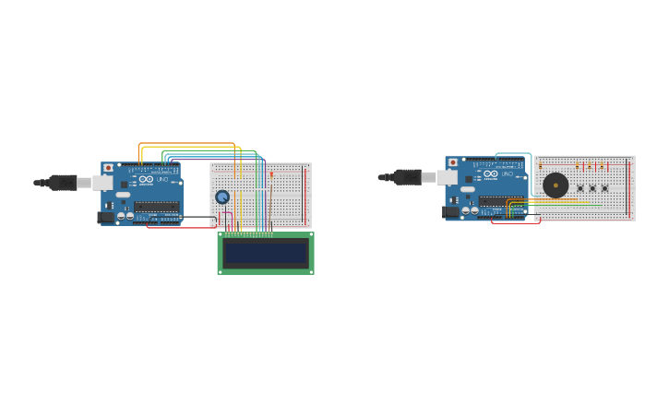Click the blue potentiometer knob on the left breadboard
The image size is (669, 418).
click(x=222, y=197)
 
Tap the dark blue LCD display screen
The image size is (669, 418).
click(x=266, y=253)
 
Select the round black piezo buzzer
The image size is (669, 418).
click(x=556, y=185)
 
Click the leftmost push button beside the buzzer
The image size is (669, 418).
click(x=580, y=187)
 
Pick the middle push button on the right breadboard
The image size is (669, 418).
click(x=592, y=187)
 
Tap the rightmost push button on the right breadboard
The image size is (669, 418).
click(x=605, y=187)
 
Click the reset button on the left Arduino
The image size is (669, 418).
click(x=109, y=168)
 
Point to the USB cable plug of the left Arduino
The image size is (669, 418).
click(x=63, y=183)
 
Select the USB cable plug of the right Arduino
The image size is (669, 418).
click(x=407, y=177)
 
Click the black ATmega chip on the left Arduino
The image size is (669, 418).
click(x=157, y=206)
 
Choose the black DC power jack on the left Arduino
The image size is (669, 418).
click(x=106, y=218)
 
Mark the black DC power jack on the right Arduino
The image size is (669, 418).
click(x=450, y=211)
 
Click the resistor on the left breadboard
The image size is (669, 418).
click(x=271, y=174)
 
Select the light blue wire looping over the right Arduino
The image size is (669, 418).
click(x=513, y=153)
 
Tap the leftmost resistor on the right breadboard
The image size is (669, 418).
click(x=541, y=166)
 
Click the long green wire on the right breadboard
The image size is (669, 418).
click(x=563, y=205)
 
